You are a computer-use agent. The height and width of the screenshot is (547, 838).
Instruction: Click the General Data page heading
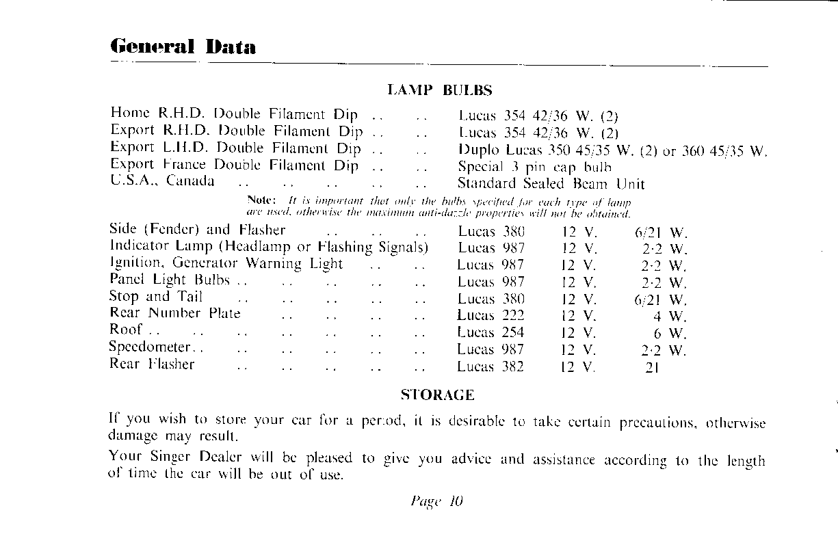[183, 46]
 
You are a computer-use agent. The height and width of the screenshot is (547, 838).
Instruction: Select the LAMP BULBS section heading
[440, 90]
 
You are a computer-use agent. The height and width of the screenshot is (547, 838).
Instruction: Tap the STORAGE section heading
[437, 395]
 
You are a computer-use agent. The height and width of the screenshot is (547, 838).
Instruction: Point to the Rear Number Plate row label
[175, 314]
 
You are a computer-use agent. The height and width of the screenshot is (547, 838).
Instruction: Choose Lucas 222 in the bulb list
[490, 315]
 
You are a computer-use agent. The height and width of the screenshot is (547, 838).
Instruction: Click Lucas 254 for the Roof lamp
[490, 332]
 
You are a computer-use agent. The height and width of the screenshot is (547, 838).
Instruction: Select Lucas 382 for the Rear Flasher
[490, 366]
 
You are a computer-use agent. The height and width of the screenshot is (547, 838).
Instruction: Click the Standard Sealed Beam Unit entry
[551, 183]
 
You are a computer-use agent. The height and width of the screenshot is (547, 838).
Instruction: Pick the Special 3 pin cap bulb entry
[535, 167]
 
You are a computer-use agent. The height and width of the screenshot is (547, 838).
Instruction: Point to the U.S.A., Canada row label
[162, 182]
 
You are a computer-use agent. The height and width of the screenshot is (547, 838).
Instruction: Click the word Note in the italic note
[260, 201]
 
